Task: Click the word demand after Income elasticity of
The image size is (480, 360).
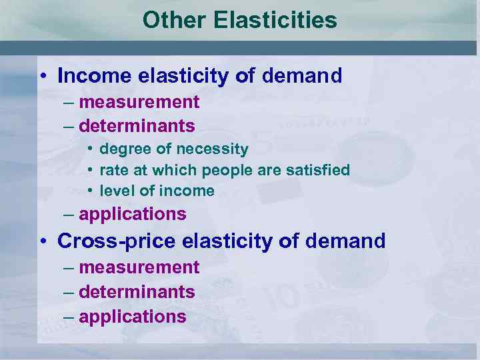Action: [x=302, y=75]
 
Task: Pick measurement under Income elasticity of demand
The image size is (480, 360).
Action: [x=139, y=102]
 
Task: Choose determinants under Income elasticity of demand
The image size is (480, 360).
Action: [x=137, y=125]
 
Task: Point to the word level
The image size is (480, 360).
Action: [x=115, y=191]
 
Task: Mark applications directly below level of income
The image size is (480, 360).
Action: [x=132, y=215]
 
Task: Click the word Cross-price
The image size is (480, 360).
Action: [x=117, y=241]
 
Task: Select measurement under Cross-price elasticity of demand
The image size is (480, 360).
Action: [x=139, y=267]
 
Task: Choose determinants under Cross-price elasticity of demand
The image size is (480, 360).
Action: [x=137, y=292]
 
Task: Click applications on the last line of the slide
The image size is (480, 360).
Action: [x=132, y=316]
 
